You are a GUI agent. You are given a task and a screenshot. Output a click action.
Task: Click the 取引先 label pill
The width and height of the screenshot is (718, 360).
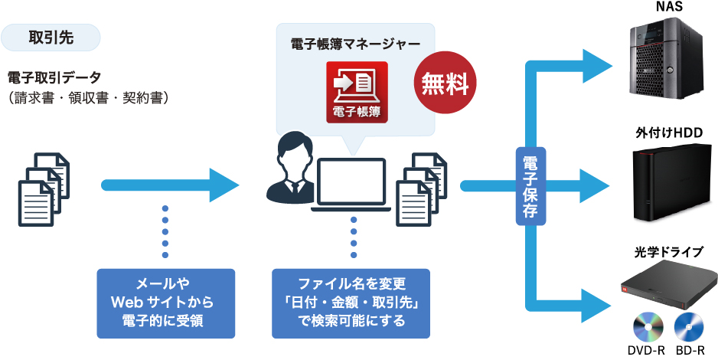tap(51, 37)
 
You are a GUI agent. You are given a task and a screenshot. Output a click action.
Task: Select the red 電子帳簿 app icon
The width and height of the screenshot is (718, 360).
tap(357, 92)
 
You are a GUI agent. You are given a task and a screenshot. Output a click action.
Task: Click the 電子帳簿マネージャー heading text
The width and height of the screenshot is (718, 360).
tap(356, 44)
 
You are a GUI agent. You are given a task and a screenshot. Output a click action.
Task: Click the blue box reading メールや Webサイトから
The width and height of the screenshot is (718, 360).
tap(166, 303)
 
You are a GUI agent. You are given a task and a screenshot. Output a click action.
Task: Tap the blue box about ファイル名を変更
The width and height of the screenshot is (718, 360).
tap(351, 303)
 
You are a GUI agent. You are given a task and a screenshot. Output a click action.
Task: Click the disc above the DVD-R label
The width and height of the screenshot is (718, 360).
tap(646, 329)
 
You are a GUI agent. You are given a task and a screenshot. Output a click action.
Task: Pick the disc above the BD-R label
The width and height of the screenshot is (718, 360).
tap(688, 329)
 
